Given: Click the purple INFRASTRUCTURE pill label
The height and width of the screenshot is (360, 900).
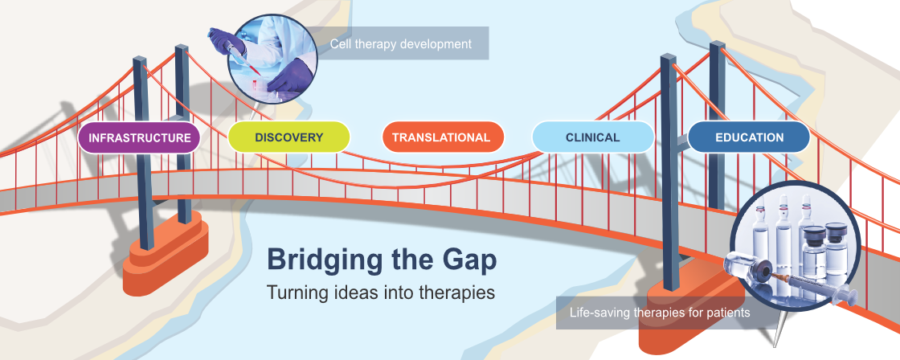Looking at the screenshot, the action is pos(139,137).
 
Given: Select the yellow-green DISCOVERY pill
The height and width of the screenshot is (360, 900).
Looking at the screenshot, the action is pos(288,137).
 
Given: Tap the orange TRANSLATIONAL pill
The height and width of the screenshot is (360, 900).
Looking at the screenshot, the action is pos(443,137).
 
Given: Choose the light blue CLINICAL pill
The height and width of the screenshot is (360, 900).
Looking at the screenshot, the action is pos(593,137).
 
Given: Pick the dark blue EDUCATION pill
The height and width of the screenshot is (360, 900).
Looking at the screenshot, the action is pos(749,137).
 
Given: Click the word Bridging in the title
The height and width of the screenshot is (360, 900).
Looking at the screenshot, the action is pos(321,260).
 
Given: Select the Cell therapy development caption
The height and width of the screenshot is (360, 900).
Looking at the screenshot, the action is pos(401,43).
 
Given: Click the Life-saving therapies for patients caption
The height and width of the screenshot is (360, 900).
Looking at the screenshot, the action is pos(660,313).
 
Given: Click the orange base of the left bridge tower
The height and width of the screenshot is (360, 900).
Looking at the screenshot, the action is pos(166,259).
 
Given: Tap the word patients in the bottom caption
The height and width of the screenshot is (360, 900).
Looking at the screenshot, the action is pos(728,313).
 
